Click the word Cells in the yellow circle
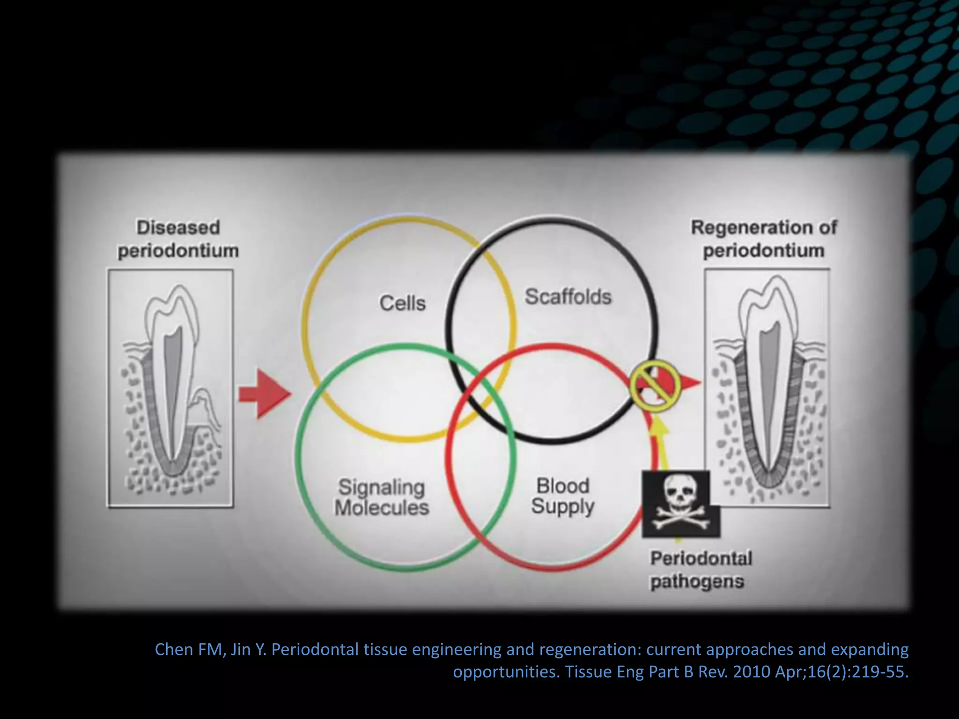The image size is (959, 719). (402, 303)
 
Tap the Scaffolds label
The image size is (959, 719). (568, 297)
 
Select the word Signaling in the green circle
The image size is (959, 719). (381, 487)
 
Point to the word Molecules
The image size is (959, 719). (382, 508)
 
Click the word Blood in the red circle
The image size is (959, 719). (562, 486)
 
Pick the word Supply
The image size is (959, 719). (562, 506)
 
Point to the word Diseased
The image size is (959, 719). (178, 227)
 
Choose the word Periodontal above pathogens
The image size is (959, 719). (701, 558)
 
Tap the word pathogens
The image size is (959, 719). (697, 582)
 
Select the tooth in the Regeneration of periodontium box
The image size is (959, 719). (767, 374)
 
